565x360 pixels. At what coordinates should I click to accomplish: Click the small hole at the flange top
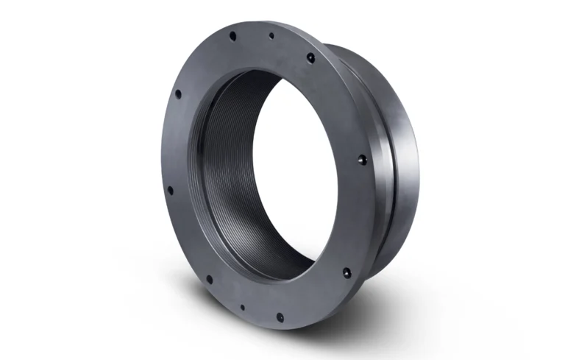coord(271,35)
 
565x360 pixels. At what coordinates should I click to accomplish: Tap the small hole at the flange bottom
coord(242,308)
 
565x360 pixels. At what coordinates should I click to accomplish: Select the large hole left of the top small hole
coord(232,35)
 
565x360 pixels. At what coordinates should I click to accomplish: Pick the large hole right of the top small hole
coord(311,57)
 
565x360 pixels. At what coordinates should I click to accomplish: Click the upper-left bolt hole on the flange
coord(177,93)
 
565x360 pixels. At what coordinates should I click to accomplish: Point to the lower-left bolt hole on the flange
coord(170,190)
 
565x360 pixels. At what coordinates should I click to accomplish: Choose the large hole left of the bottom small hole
coord(209,280)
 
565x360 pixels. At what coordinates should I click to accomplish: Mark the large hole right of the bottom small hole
coord(280,317)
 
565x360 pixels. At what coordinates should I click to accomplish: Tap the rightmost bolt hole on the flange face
coord(360,158)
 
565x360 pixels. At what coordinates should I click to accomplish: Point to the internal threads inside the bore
coord(221,169)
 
